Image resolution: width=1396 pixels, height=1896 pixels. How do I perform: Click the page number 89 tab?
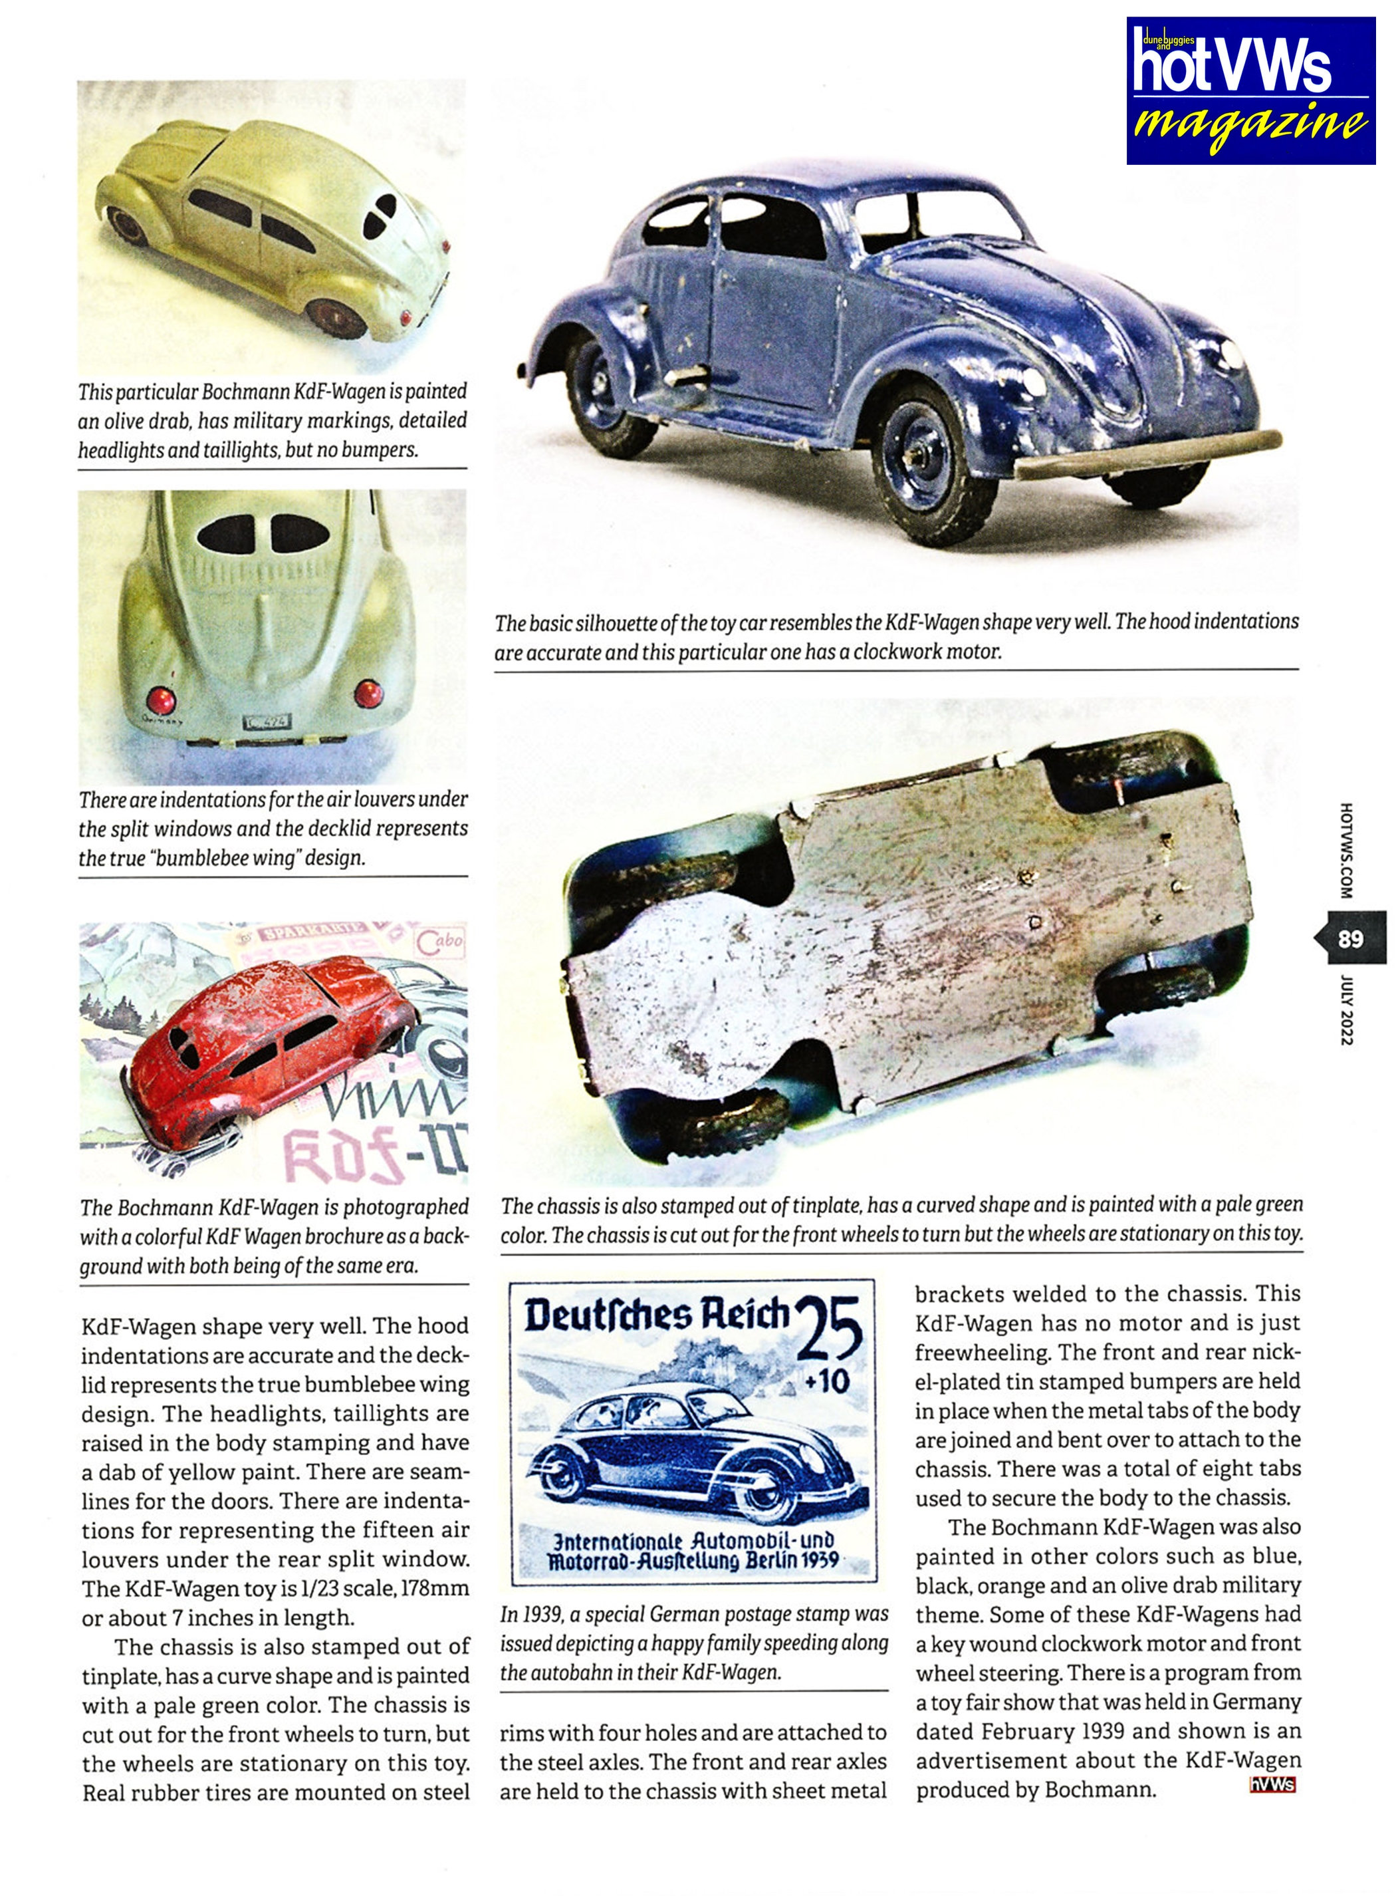click(x=1350, y=938)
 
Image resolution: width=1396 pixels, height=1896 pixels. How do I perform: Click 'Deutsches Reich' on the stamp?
click(x=655, y=1315)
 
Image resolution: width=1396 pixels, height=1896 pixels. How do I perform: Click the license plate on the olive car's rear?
click(x=267, y=722)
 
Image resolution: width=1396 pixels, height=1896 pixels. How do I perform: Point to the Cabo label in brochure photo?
click(x=439, y=942)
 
